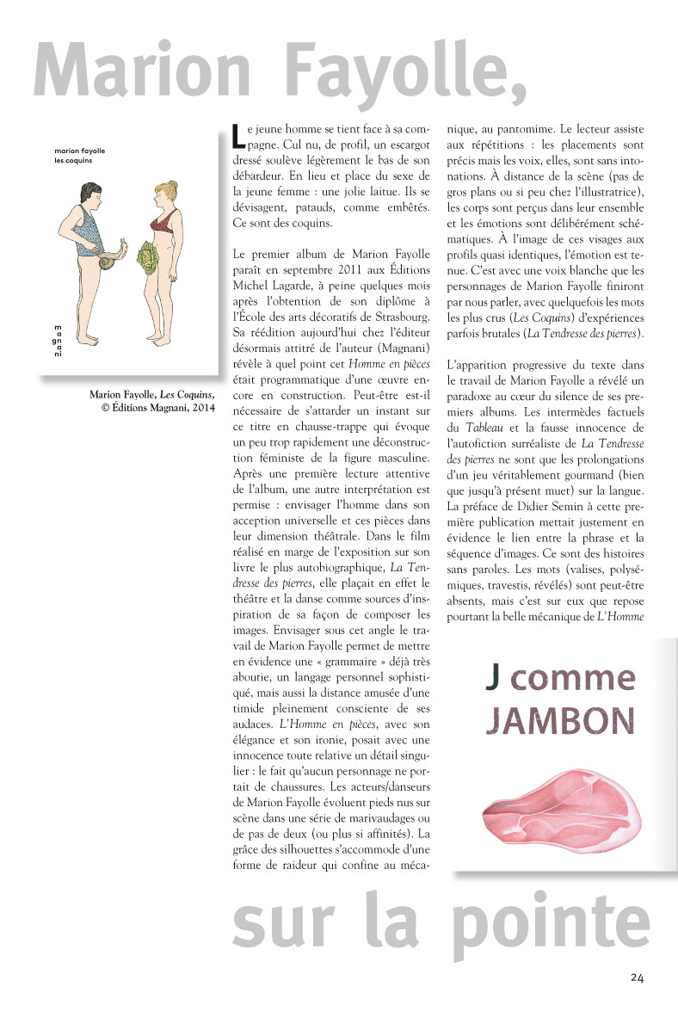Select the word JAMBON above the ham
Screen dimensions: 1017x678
click(560, 720)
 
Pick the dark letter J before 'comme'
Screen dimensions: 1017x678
click(492, 679)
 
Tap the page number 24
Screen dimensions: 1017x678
click(637, 977)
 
